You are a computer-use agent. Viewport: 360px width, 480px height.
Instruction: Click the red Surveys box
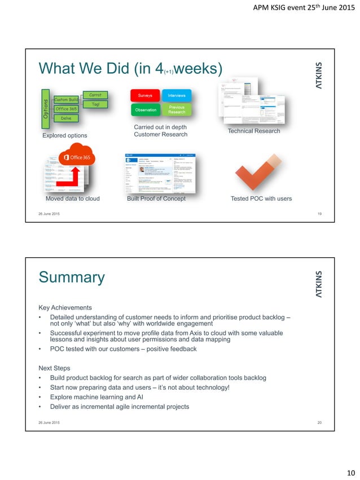144,95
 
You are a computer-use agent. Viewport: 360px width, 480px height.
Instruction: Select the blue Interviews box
177,95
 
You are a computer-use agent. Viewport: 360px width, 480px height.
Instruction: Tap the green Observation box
144,109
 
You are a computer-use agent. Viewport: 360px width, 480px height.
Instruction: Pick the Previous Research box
177,109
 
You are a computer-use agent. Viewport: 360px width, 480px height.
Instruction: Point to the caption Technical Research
253,131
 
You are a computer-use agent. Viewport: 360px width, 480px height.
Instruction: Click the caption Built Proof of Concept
156,199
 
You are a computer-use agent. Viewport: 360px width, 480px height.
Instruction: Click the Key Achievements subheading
65,307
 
